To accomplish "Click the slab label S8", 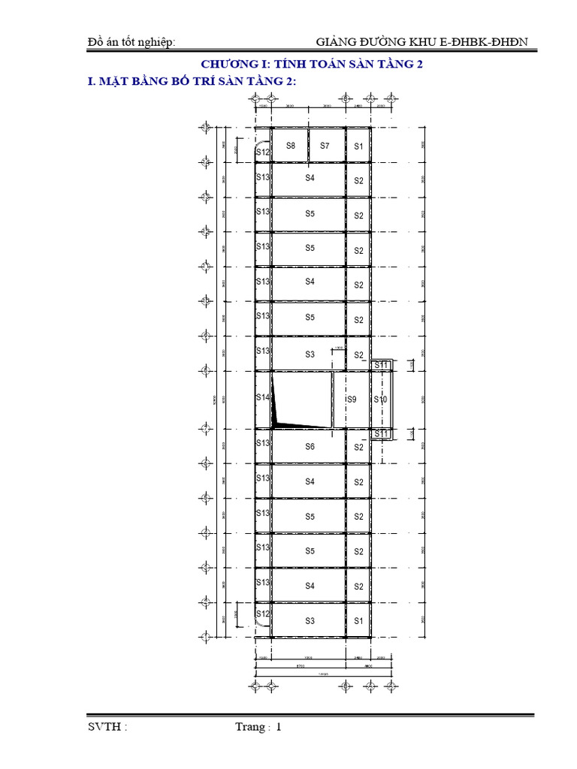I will click(x=290, y=146).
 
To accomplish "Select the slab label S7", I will click(x=325, y=146).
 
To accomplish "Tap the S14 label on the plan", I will click(x=262, y=397).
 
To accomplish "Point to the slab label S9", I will click(x=352, y=400).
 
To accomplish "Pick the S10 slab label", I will click(x=381, y=400).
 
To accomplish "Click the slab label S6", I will click(x=310, y=447).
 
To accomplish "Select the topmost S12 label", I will click(x=262, y=152).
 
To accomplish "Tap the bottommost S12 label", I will click(x=262, y=614).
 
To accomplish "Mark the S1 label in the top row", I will click(x=358, y=146).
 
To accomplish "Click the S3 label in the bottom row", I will click(x=310, y=621).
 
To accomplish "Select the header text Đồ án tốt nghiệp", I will click(x=131, y=42).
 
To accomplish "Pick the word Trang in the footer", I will click(x=250, y=727).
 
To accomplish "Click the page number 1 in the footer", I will click(x=278, y=727).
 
